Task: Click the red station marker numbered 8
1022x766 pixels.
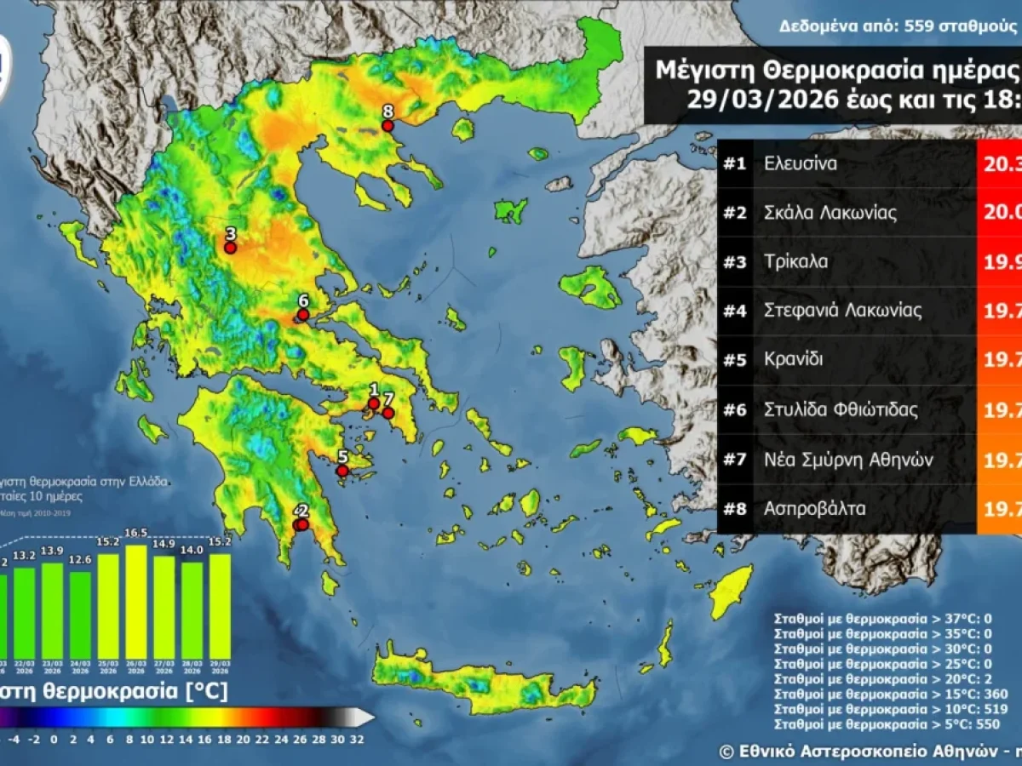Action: point(388,126)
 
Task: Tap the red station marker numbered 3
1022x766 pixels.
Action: point(230,249)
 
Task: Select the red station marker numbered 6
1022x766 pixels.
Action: point(302,315)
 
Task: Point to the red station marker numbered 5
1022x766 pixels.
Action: point(342,471)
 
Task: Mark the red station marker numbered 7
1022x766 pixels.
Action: point(388,414)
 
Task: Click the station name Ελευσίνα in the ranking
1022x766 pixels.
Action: point(801,163)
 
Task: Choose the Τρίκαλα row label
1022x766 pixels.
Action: point(796,262)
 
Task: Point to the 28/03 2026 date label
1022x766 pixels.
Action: point(192,666)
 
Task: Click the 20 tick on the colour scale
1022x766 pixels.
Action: point(243,738)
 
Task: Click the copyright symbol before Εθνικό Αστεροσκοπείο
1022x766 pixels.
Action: point(726,752)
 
